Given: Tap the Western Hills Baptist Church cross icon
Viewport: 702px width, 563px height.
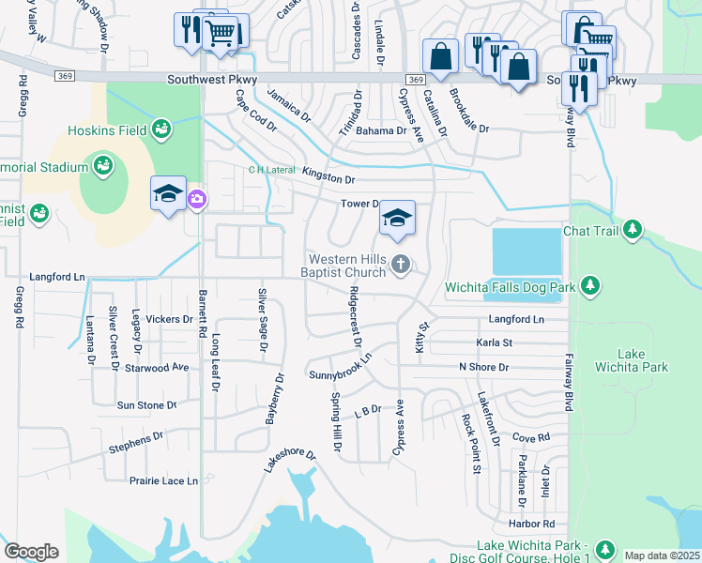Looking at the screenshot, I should [402, 265].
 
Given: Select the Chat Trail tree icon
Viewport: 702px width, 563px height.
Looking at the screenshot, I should [633, 229].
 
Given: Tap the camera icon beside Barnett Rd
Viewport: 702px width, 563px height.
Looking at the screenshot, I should [197, 198].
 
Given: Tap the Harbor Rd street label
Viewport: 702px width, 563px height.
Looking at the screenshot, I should [532, 524].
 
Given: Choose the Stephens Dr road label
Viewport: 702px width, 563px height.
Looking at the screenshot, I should [136, 439].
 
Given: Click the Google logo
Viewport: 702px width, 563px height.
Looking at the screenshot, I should [31, 552].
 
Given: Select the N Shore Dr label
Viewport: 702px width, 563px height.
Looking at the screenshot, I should [483, 367].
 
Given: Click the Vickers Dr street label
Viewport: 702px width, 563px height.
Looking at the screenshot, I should [169, 319].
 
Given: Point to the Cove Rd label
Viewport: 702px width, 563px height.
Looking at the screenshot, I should [530, 438].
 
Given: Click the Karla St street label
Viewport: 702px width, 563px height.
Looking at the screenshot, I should [494, 343].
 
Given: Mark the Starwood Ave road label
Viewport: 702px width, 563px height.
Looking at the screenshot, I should [157, 368].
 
